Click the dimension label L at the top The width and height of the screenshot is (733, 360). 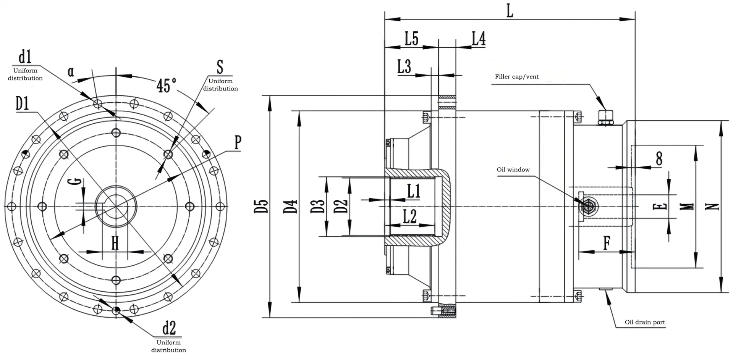tap(510, 11)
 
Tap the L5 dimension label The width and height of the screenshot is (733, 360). tap(411, 39)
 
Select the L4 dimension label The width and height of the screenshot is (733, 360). tap(478, 39)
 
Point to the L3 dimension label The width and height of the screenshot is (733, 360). tap(404, 67)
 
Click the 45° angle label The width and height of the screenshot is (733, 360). tap(166, 85)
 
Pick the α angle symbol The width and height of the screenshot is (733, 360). tap(71, 71)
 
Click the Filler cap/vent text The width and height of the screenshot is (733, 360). tap(516, 77)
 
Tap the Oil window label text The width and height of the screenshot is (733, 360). tap(513, 170)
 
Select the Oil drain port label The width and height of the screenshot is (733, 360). tap(644, 322)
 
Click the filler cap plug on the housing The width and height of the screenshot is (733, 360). tap(605, 117)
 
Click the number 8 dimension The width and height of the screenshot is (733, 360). tap(659, 158)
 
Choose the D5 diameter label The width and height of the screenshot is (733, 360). tap(262, 207)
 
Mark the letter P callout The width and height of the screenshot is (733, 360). tap(238, 142)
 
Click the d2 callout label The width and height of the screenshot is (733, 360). tap(169, 328)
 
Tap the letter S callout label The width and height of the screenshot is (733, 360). tap(220, 67)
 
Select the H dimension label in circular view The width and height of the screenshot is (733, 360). tap(115, 243)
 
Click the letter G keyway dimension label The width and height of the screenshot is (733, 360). tap(77, 181)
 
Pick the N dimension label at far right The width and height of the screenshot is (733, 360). tap(712, 207)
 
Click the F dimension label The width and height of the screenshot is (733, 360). tap(607, 243)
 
